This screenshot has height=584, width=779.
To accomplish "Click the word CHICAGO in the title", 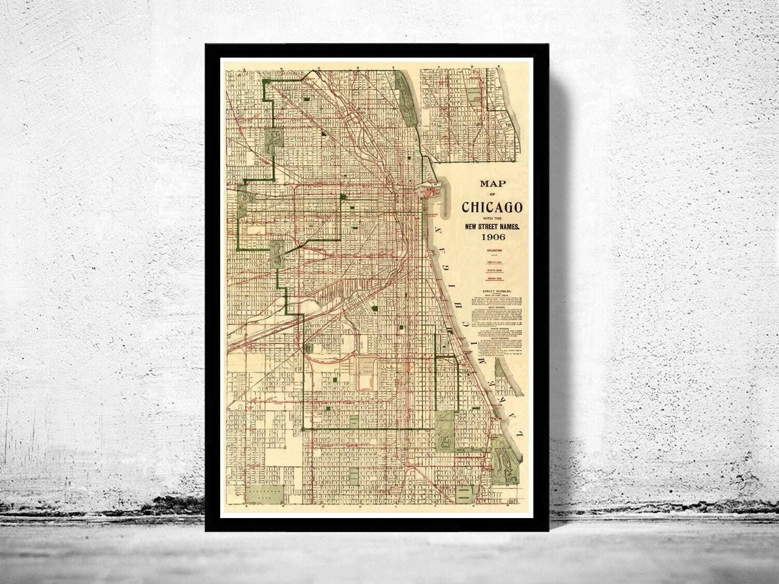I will tap(492, 207).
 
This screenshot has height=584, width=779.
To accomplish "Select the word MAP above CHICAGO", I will tap(492, 183).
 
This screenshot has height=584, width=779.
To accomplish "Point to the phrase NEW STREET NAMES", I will tap(492, 226).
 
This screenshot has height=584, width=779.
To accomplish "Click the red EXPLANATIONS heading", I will tap(492, 250).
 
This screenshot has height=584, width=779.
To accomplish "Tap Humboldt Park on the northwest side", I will tap(273, 139).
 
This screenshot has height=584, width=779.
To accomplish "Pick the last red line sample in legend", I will tap(492, 280).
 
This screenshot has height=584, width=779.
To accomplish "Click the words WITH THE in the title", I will tap(492, 218).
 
